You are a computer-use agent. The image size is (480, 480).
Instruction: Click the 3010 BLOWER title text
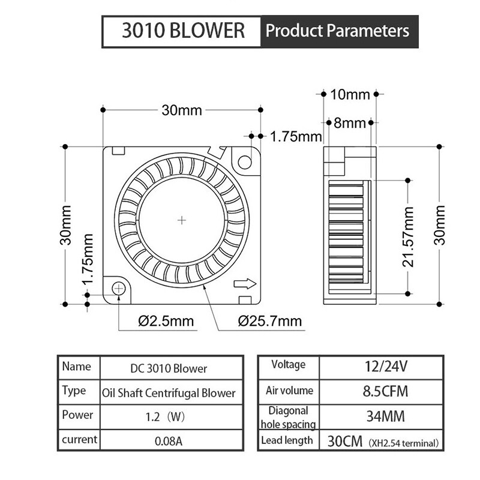click(x=183, y=31)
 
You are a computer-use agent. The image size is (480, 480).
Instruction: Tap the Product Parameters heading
click(x=338, y=31)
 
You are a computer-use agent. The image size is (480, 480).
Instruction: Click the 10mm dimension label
click(x=350, y=94)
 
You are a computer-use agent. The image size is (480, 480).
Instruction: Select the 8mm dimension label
click(x=350, y=123)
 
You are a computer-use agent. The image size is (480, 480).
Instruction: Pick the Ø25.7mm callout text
click(x=269, y=321)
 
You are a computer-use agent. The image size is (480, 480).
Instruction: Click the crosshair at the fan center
click(x=182, y=220)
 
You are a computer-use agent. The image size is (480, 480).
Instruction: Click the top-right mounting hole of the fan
click(x=245, y=161)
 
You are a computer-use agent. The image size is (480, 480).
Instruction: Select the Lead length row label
click(x=287, y=441)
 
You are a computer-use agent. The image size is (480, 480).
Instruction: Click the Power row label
click(x=77, y=415)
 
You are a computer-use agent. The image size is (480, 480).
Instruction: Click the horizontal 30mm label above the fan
click(x=182, y=110)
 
